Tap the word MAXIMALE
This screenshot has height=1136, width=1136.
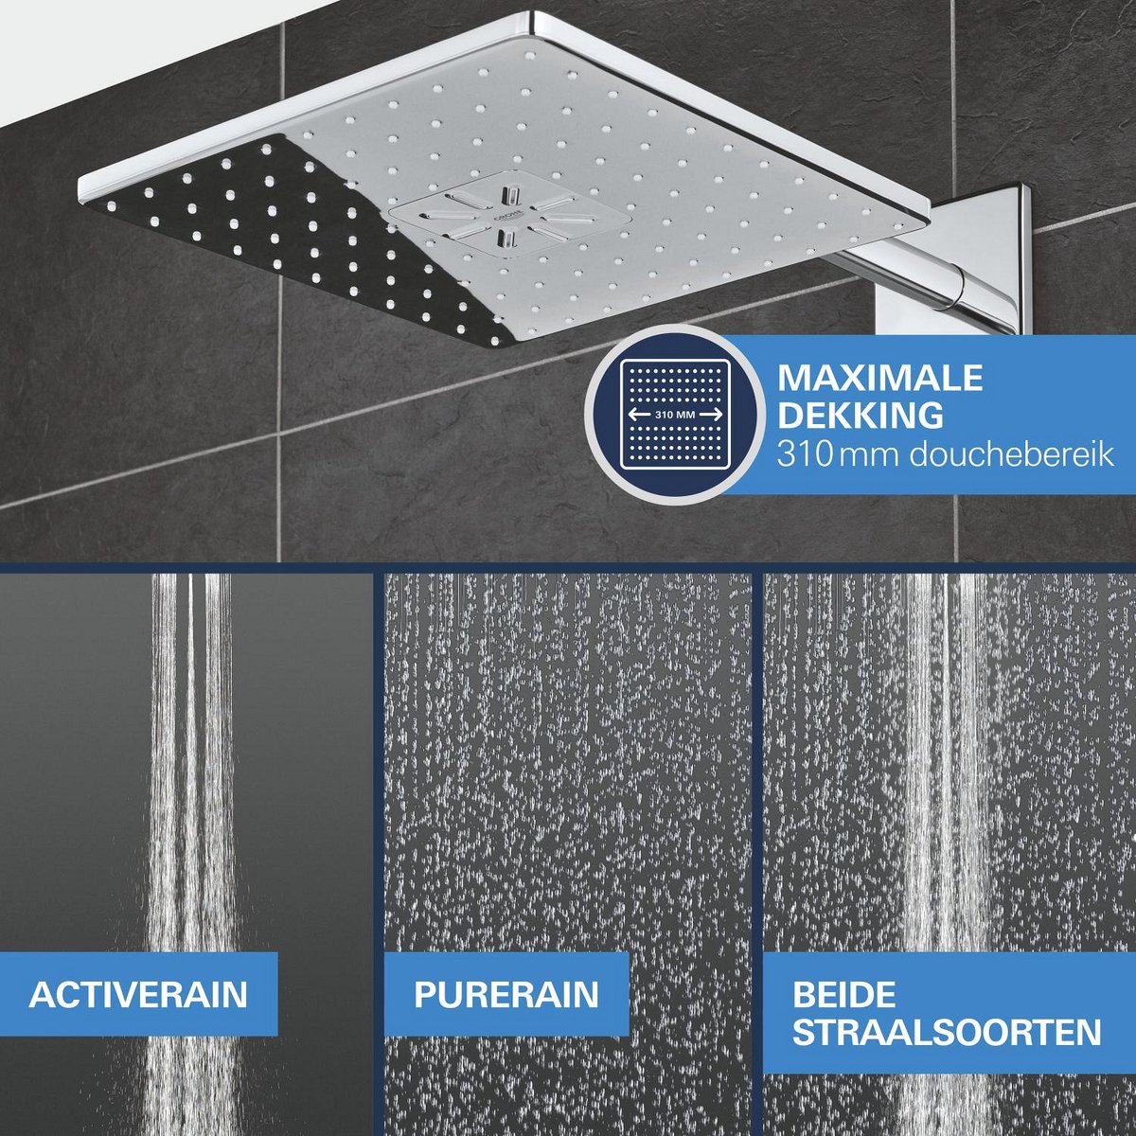pyautogui.click(x=880, y=378)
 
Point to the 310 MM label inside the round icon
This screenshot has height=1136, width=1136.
pyautogui.click(x=675, y=415)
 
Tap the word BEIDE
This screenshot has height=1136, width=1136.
pyautogui.click(x=843, y=994)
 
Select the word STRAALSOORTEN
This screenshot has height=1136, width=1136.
pyautogui.click(x=947, y=1031)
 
